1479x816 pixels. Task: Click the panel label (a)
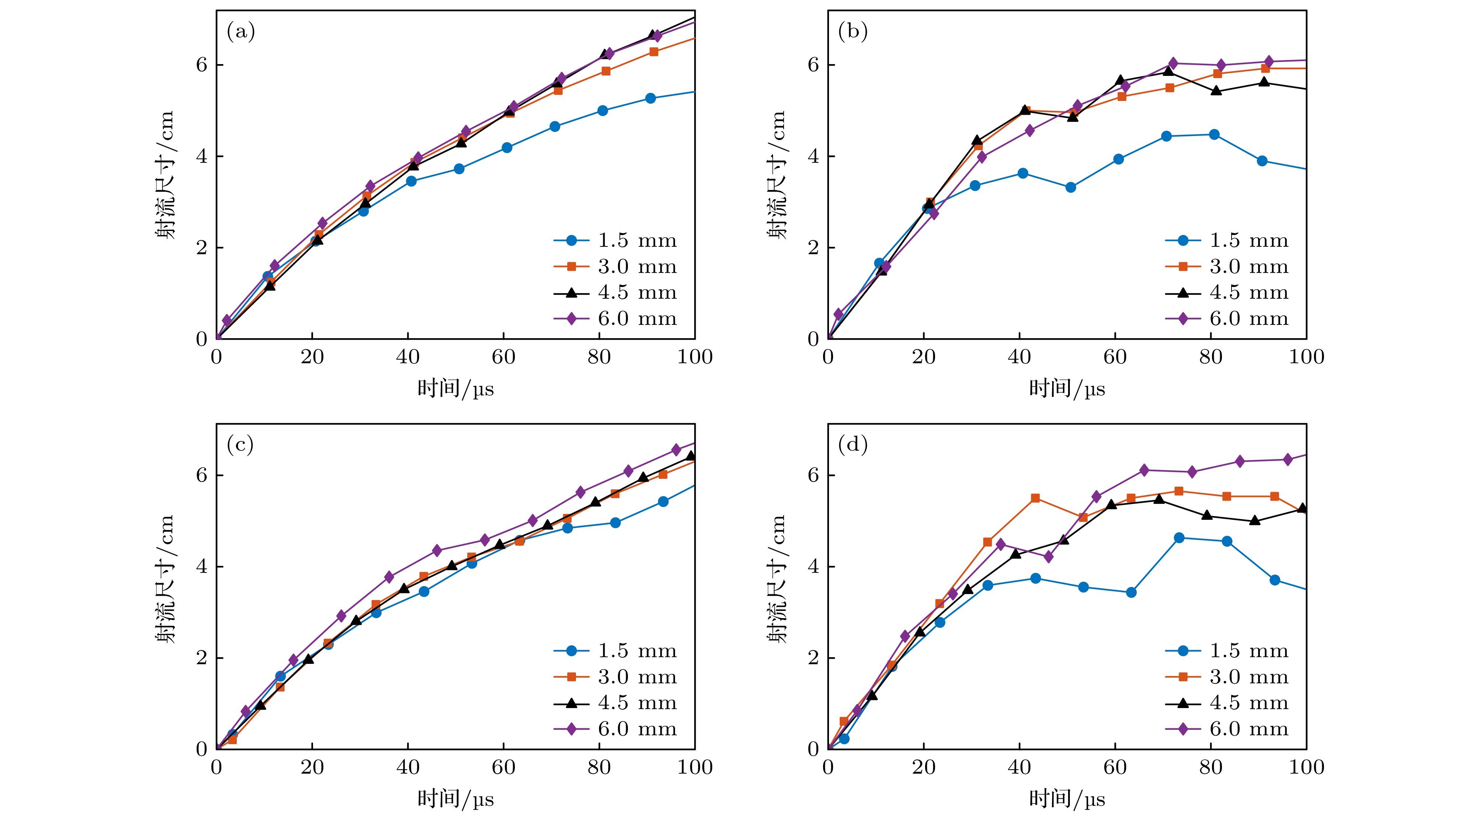point(240,32)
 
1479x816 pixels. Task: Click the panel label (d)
point(853,445)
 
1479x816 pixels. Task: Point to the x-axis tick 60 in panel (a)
point(503,357)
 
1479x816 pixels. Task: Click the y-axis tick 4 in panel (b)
point(813,156)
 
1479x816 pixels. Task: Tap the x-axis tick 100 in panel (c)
point(695,767)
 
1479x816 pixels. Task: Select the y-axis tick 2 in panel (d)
point(813,658)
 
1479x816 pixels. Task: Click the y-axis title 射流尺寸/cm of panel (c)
point(165,578)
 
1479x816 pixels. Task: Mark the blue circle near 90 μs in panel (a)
point(650,98)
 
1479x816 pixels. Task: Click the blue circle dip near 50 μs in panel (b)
point(1070,187)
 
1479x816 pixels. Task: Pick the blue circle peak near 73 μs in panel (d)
point(1179,537)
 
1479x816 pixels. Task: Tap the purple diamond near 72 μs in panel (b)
point(1173,63)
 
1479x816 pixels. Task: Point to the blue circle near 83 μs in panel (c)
point(615,522)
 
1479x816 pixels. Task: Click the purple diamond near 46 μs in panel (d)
point(1049,556)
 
